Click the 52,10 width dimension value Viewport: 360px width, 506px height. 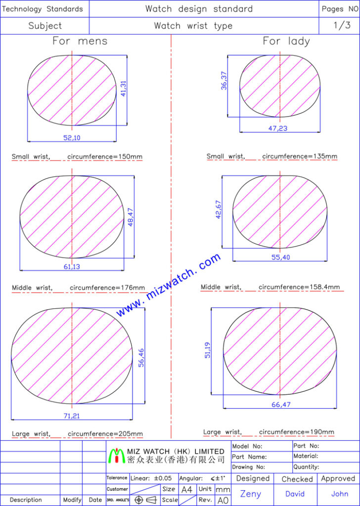pos(72,138)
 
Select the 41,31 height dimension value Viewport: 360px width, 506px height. pos(124,88)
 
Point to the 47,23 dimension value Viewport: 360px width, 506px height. pos(278,128)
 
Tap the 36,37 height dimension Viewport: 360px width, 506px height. pos(224,81)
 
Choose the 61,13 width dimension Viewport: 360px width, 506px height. pos(72,266)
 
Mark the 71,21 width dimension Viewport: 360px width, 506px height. pos(71,416)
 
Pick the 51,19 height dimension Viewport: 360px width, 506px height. pos(207,350)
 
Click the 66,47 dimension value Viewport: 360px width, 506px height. pos(281,404)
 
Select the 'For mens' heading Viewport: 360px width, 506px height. pos(80,41)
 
